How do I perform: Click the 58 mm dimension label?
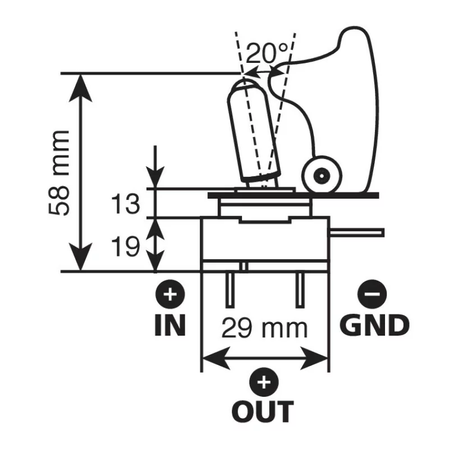tap(59, 173)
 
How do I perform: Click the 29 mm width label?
tap(264, 328)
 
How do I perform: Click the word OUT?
tap(263, 411)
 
